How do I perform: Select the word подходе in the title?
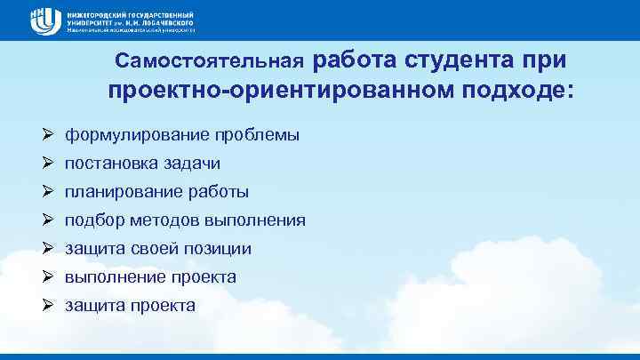tap(517, 91)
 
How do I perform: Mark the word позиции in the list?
tap(218, 249)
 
